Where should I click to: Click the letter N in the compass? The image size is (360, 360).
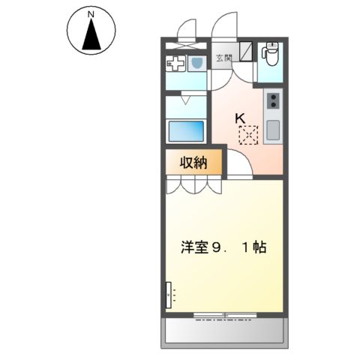pyautogui.click(x=90, y=14)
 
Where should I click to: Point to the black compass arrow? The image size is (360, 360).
pyautogui.click(x=91, y=35)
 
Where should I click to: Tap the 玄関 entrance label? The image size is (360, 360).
pyautogui.click(x=224, y=58)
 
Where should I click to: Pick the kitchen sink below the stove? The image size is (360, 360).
pyautogui.click(x=273, y=130)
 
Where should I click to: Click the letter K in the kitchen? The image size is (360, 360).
pyautogui.click(x=241, y=118)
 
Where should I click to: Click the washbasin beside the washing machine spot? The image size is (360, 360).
pyautogui.click(x=196, y=63)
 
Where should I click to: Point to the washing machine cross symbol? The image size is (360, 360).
pyautogui.click(x=176, y=64)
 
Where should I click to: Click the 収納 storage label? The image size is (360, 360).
pyautogui.click(x=193, y=161)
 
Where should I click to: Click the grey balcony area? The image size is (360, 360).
pyautogui.click(x=223, y=329)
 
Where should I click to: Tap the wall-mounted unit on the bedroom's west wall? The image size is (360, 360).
pyautogui.click(x=169, y=294)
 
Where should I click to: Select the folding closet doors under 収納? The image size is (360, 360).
pyautogui.click(x=193, y=184)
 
